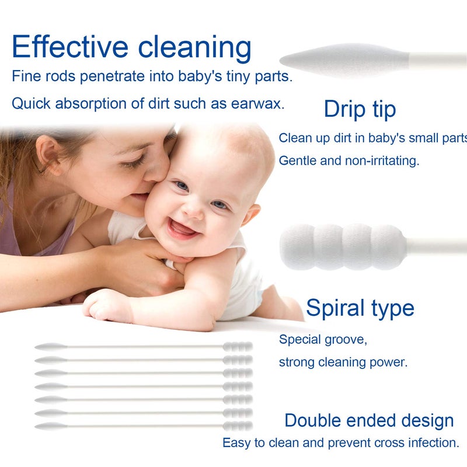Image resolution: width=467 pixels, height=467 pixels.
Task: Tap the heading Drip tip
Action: coord(360,109)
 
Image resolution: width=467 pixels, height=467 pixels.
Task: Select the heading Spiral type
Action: coord(360,308)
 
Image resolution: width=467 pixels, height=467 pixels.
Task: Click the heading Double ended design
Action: coord(369,420)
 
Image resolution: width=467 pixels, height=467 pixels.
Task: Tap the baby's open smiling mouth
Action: coord(183,228)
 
